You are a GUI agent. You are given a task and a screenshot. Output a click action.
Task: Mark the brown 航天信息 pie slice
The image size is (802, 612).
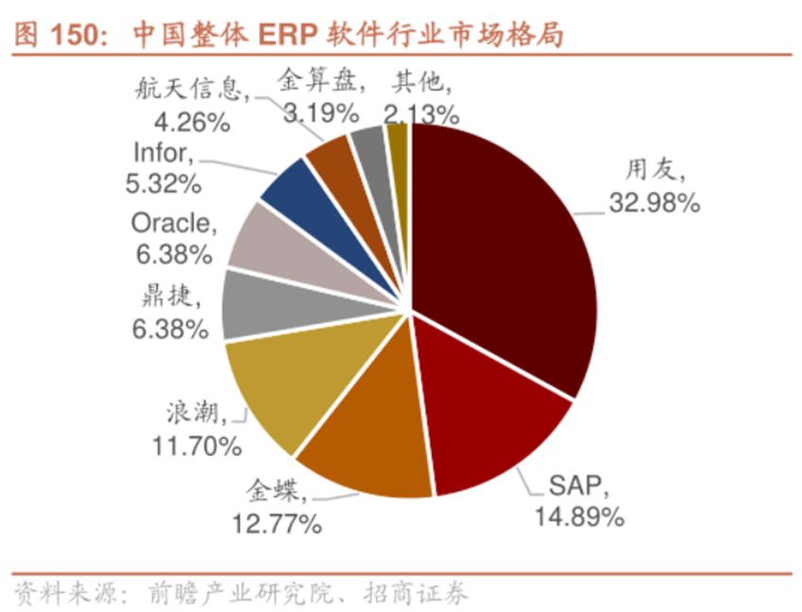(331, 157)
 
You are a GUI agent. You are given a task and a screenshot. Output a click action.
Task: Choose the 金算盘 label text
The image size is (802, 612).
(316, 81)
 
